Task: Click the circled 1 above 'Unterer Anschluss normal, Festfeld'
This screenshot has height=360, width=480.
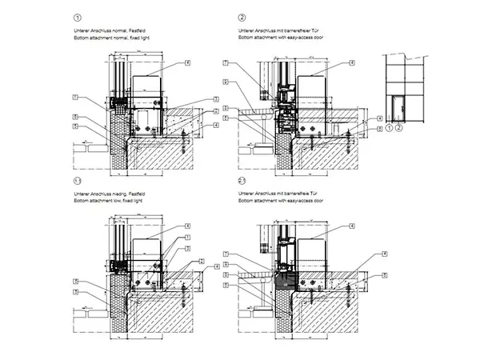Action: click(77, 17)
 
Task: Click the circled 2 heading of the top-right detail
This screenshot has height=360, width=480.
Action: click(242, 17)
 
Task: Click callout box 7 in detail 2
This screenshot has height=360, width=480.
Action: click(226, 63)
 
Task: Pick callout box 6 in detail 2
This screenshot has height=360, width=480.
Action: click(226, 82)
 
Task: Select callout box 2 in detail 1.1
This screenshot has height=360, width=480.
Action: click(187, 248)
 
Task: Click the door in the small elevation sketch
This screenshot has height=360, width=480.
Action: click(398, 104)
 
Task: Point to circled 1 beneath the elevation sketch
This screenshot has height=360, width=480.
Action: click(389, 126)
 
